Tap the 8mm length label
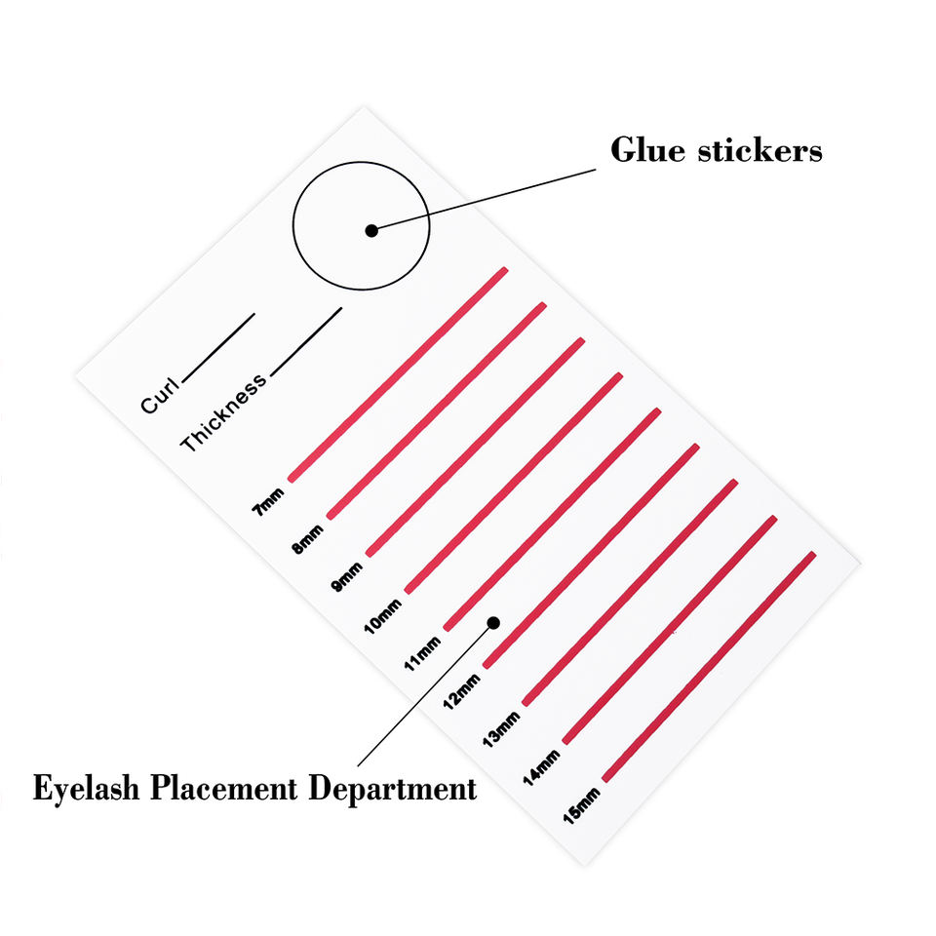pos(307,536)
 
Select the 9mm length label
pos(346,574)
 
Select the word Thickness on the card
pos(222,413)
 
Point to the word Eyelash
pos(86,789)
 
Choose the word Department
pos(393,789)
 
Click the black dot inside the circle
pos(371,230)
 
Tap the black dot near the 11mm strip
pos(493,622)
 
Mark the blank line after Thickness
pos(306,341)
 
